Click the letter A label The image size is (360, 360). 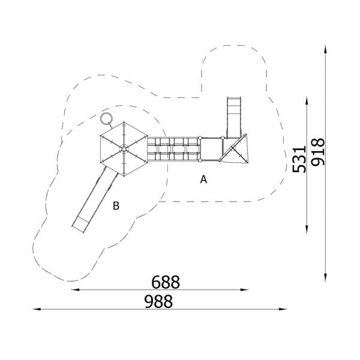click(x=203, y=179)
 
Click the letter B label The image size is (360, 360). click(x=116, y=206)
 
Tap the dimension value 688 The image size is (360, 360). click(x=166, y=281)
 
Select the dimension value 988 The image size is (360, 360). click(x=158, y=301)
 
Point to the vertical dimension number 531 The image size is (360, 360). click(x=299, y=158)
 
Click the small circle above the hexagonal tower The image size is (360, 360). click(x=107, y=118)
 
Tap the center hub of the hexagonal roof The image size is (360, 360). click(x=123, y=149)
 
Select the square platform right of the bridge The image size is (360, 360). click(x=211, y=149)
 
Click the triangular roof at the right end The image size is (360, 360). click(x=236, y=149)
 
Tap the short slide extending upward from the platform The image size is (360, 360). click(x=233, y=114)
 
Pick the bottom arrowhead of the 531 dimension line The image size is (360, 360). click(x=307, y=227)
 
